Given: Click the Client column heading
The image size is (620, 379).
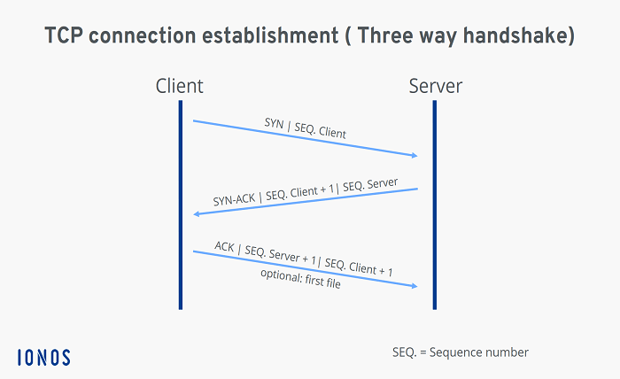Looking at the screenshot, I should [179, 86].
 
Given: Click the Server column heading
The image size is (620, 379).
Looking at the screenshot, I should [435, 86].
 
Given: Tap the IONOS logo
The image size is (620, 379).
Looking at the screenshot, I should [43, 357].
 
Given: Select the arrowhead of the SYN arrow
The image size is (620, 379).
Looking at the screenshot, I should [413, 156].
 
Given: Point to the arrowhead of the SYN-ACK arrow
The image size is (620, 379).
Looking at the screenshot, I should [198, 214].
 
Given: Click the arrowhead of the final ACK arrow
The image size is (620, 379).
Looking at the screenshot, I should [413, 285].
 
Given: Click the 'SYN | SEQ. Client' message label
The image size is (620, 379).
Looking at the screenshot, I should [305, 128].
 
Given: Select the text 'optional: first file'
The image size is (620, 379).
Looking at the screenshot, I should [300, 279].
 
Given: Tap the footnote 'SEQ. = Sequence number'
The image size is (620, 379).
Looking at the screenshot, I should [460, 352].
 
